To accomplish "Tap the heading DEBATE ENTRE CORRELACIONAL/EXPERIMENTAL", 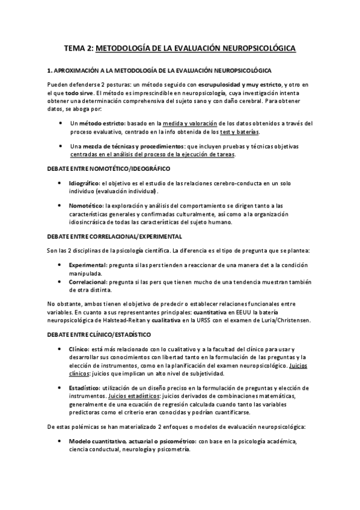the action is (x=114, y=236).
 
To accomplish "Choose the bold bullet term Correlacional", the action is (x=88, y=280).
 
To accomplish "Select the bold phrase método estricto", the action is (x=105, y=123).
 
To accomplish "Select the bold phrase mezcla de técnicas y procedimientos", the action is (x=128, y=146).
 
